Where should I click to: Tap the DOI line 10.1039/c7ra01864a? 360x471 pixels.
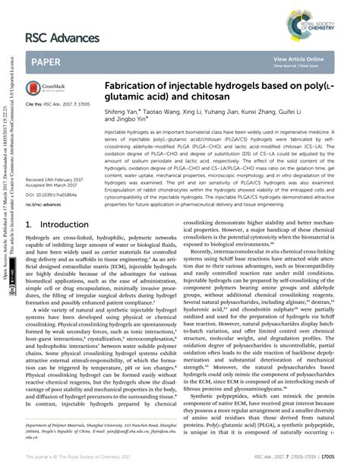[52, 193]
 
